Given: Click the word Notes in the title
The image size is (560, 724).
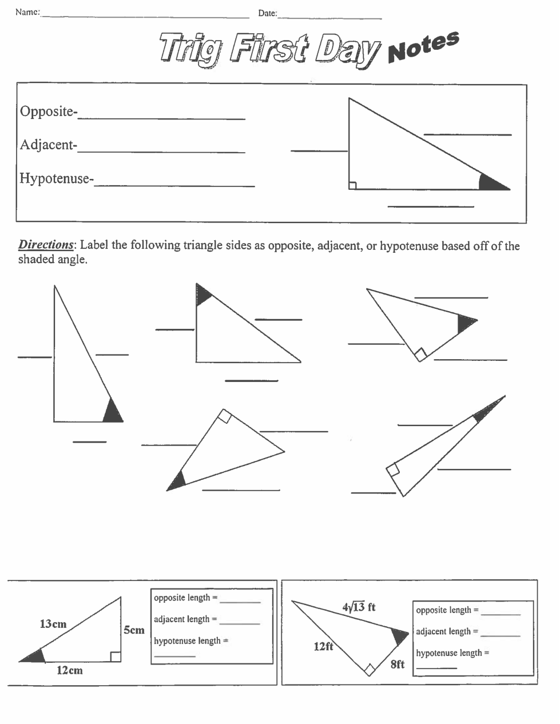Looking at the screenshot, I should (423, 47).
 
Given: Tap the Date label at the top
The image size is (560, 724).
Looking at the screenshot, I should (267, 13).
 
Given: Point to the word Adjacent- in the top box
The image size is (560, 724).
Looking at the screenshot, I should (48, 145).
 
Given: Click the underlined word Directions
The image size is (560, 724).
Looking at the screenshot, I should (46, 245).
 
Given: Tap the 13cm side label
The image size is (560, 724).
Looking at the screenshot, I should (53, 624).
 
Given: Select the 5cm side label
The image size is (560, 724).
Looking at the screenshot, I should (134, 630).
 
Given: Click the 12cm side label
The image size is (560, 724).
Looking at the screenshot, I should (69, 670).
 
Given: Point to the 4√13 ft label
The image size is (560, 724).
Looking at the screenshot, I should (359, 607).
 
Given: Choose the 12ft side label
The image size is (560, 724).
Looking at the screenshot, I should (323, 646).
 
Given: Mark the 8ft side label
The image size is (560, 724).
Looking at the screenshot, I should (398, 664).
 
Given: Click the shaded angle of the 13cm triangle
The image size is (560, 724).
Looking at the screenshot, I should (35, 657).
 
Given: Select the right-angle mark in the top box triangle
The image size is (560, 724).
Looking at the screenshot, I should (353, 185).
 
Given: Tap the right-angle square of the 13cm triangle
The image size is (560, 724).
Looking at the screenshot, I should (116, 657).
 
